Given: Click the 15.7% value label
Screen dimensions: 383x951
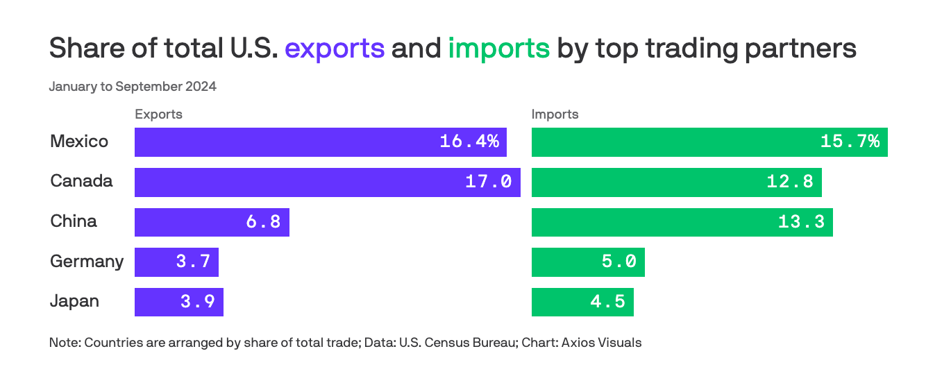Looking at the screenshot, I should [x=850, y=142].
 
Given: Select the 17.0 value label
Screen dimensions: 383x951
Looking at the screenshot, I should [x=488, y=182].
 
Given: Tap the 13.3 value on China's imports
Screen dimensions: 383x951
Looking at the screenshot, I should [x=801, y=222].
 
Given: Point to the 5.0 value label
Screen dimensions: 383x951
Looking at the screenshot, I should [x=619, y=262].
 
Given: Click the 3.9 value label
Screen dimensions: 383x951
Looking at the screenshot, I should [x=197, y=302].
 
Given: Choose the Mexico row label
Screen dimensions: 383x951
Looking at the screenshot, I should [x=79, y=142].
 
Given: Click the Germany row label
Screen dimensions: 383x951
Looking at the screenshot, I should [x=87, y=262].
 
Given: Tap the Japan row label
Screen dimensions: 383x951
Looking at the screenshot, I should [x=74, y=302].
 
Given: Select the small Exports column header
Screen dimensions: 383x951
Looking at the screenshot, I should [x=158, y=114].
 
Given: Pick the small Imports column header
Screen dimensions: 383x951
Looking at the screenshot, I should [x=555, y=114].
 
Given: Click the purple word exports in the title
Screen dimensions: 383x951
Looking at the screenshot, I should [x=335, y=49].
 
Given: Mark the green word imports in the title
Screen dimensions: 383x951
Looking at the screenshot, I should [x=498, y=49].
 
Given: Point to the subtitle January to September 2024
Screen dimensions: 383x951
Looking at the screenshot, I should [x=133, y=87].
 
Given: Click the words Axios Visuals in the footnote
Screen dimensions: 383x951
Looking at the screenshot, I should [x=601, y=343].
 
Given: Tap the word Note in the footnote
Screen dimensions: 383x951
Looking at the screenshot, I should [x=63, y=343].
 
